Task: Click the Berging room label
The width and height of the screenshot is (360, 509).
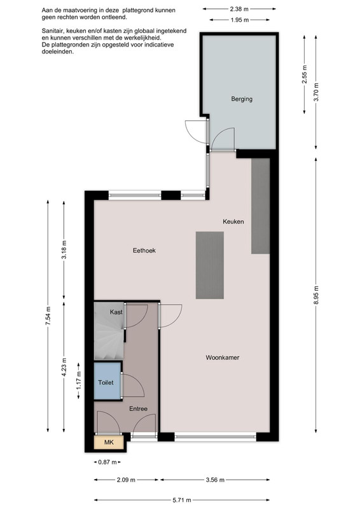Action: tap(242, 99)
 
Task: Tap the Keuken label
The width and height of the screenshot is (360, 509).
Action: tap(233, 221)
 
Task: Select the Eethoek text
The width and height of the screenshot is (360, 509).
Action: tap(144, 250)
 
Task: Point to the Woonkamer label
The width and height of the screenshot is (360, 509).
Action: tap(223, 358)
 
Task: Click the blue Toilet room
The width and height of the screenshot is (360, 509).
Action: tap(107, 381)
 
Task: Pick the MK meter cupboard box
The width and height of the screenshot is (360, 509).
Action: tap(109, 442)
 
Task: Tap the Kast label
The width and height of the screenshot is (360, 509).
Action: tap(116, 312)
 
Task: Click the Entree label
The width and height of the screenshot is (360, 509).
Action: tap(138, 408)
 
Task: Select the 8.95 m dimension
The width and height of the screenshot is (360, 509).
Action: tap(316, 295)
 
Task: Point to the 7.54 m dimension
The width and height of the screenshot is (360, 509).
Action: tap(48, 316)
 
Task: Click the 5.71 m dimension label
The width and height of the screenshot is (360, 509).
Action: tap(181, 500)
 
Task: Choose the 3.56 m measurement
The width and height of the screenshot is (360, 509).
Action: tap(215, 480)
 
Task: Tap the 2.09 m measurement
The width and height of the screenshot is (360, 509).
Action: tap(126, 480)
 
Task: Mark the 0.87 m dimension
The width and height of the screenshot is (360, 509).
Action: tap(107, 462)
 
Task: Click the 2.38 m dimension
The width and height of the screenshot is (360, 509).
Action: tap(239, 9)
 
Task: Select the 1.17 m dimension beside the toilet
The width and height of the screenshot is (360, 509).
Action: tap(79, 380)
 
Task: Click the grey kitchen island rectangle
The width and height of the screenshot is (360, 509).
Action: tap(210, 265)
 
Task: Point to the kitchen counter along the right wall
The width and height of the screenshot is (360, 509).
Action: tap(260, 206)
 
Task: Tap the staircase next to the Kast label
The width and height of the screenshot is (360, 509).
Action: tap(109, 331)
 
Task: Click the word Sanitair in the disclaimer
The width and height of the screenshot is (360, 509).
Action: tap(53, 31)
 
